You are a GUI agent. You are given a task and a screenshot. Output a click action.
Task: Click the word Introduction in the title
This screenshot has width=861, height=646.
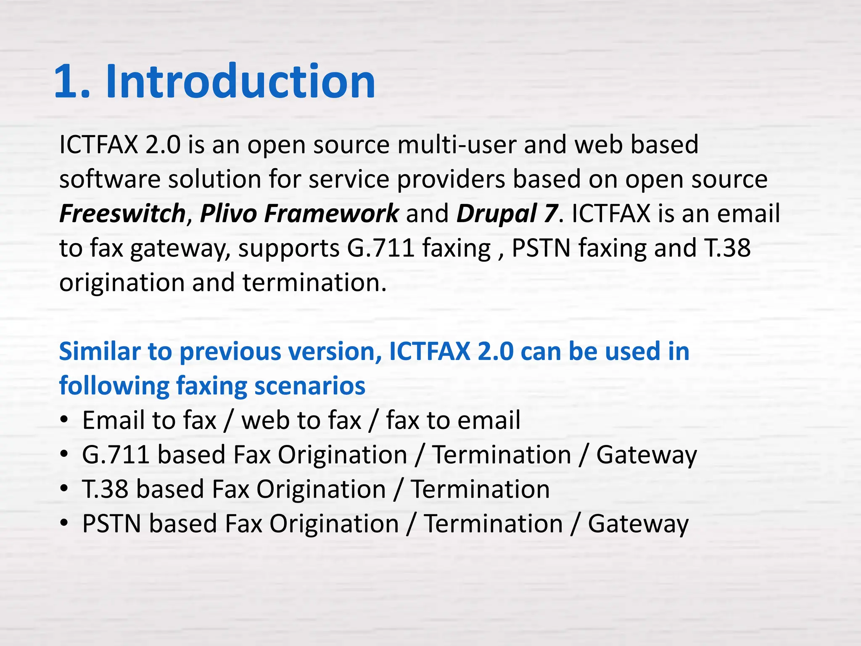click(x=240, y=81)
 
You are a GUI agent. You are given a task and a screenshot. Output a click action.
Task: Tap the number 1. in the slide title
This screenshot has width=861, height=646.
click(x=72, y=81)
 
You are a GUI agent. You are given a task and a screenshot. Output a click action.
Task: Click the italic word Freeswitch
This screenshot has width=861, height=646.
click(x=122, y=213)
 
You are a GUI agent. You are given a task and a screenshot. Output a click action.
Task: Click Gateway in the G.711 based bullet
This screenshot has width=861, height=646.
click(x=647, y=455)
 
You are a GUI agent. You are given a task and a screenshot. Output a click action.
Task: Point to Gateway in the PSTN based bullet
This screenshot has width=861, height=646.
click(x=638, y=524)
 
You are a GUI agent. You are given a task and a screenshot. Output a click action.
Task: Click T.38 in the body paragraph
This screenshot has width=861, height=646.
click(x=727, y=248)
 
